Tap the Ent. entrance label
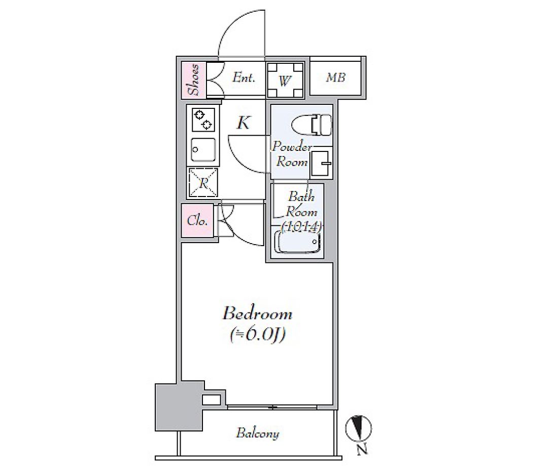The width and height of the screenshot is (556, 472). pyautogui.click(x=244, y=77)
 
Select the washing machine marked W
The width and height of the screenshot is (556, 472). pyautogui.click(x=285, y=80)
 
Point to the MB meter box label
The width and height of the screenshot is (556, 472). pyautogui.click(x=335, y=77)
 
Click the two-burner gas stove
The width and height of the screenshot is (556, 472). pyautogui.click(x=203, y=120)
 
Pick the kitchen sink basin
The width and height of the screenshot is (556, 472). pyautogui.click(x=203, y=150)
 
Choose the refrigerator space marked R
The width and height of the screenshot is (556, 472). pyautogui.click(x=203, y=182)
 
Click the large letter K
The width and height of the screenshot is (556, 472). pyautogui.click(x=244, y=123)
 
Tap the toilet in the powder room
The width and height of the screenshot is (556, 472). pyautogui.click(x=311, y=125)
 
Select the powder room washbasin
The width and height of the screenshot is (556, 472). pyautogui.click(x=321, y=164)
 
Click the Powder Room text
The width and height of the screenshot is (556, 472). pyautogui.click(x=292, y=154)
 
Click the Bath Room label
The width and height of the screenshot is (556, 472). pyautogui.click(x=301, y=204)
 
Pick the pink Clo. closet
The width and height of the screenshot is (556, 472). pyautogui.click(x=197, y=221)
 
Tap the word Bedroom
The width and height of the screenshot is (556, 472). pyautogui.click(x=257, y=313)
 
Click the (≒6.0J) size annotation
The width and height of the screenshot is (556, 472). pyautogui.click(x=257, y=335)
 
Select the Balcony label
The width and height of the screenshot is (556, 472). pyautogui.click(x=258, y=433)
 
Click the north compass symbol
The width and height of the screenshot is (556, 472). pyautogui.click(x=359, y=427)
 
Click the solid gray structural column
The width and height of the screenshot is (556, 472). pyautogui.click(x=179, y=406)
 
